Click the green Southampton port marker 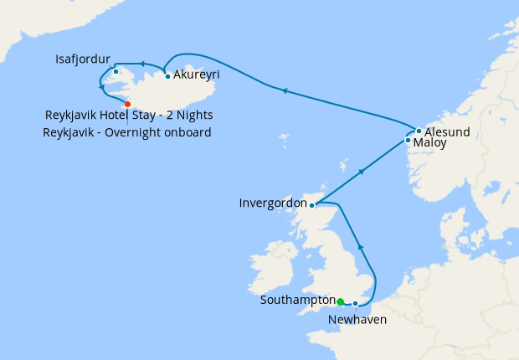tap(340, 302)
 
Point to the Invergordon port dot tap(311, 205)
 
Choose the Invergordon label tap(272, 203)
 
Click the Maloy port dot tap(408, 141)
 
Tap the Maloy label tap(430, 144)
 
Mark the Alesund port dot tap(419, 131)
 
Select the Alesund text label tap(447, 132)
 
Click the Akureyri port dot tap(168, 77)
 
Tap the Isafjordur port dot tap(116, 71)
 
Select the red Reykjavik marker tap(127, 104)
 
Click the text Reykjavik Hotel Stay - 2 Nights tap(130, 116)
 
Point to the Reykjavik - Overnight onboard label tap(127, 132)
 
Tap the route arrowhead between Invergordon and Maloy tap(361, 172)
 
